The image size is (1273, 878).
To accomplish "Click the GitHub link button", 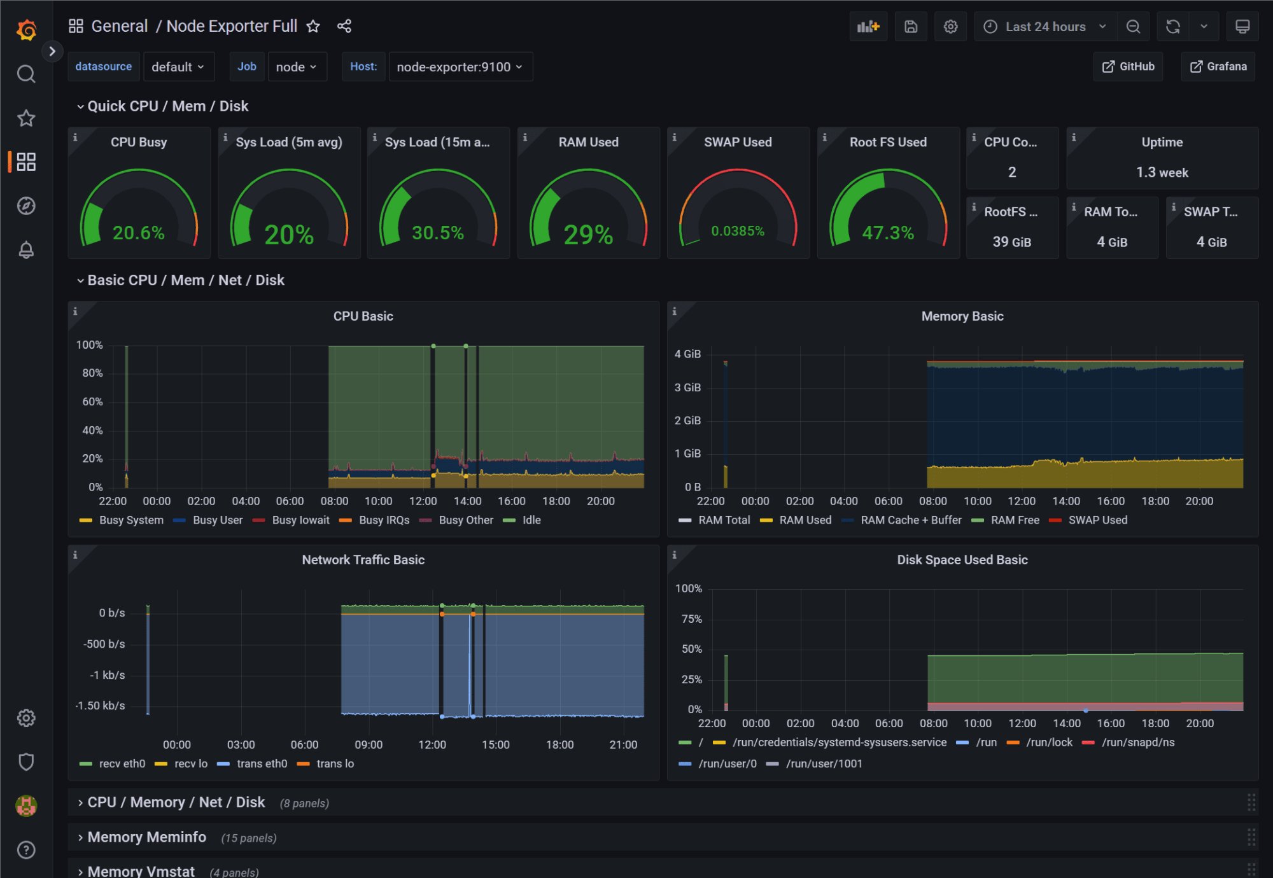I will (1128, 67).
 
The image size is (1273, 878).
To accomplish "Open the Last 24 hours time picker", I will (1045, 27).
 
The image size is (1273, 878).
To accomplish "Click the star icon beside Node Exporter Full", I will (313, 26).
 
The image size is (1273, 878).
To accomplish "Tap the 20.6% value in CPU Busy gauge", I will (138, 233).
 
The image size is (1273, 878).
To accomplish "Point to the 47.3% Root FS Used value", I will (888, 233).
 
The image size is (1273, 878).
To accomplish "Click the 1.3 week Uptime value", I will (1162, 172).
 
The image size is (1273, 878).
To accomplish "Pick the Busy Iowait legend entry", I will (300, 520).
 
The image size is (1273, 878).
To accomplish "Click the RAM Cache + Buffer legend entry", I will (911, 520).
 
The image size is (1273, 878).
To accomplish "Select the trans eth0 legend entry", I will (262, 764).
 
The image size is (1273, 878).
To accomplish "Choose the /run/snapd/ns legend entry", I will (1138, 742).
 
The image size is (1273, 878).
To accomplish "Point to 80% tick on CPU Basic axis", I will (92, 373).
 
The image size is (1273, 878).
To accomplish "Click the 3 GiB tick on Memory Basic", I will (687, 387).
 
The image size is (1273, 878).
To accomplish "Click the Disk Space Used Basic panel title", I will (962, 560).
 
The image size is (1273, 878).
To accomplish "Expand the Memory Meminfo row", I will (146, 837).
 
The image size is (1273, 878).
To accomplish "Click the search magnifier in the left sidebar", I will (26, 74).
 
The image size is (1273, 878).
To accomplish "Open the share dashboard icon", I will (344, 26).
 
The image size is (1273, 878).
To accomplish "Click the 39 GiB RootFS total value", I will (1011, 242).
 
